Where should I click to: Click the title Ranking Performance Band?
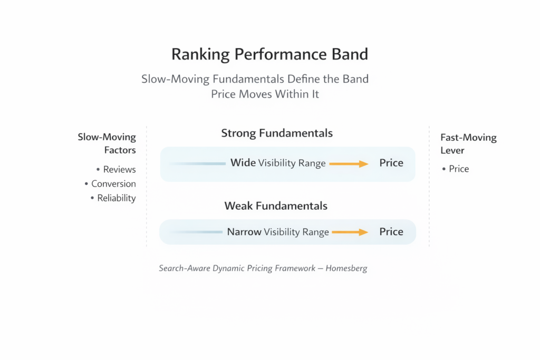point(269,54)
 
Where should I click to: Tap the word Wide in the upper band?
point(243,163)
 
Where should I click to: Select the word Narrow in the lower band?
point(244,232)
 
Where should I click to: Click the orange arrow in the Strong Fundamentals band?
point(348,164)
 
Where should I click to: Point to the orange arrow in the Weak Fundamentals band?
point(349,232)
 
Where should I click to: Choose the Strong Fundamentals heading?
point(277,133)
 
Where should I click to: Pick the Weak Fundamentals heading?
point(276,206)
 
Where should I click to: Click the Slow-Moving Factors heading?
point(107,143)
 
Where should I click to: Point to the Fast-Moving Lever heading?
point(468,143)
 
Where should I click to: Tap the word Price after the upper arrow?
point(391,163)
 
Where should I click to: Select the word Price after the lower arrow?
point(391,232)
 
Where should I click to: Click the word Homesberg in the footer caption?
point(346,268)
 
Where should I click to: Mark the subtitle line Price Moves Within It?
point(265,95)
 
